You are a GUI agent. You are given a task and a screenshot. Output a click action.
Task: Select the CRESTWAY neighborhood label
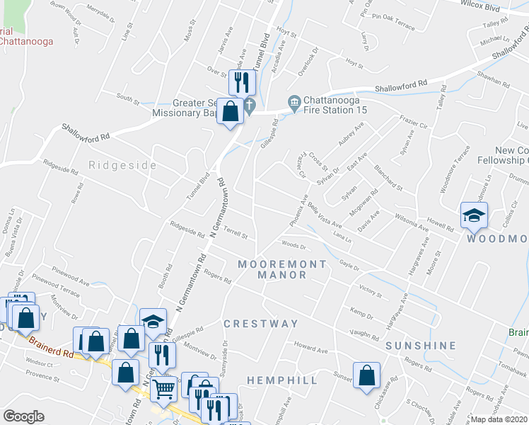tap(261, 324)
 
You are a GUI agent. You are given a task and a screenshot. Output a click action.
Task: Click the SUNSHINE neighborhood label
tap(421, 346)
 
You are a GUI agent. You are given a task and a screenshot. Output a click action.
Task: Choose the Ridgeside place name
tap(122, 165)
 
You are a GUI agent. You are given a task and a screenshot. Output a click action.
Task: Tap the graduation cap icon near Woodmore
tap(473, 215)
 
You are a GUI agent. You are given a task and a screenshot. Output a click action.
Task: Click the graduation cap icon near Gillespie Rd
tap(153, 321)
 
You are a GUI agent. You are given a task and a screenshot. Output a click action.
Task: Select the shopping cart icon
tap(163, 388)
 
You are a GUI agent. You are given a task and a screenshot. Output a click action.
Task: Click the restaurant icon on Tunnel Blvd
tap(242, 81)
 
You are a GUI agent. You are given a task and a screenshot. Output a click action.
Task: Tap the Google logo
tap(23, 416)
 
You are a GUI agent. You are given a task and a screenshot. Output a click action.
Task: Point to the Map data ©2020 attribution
tap(499, 419)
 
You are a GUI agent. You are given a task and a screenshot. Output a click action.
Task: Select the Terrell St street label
tap(235, 232)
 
